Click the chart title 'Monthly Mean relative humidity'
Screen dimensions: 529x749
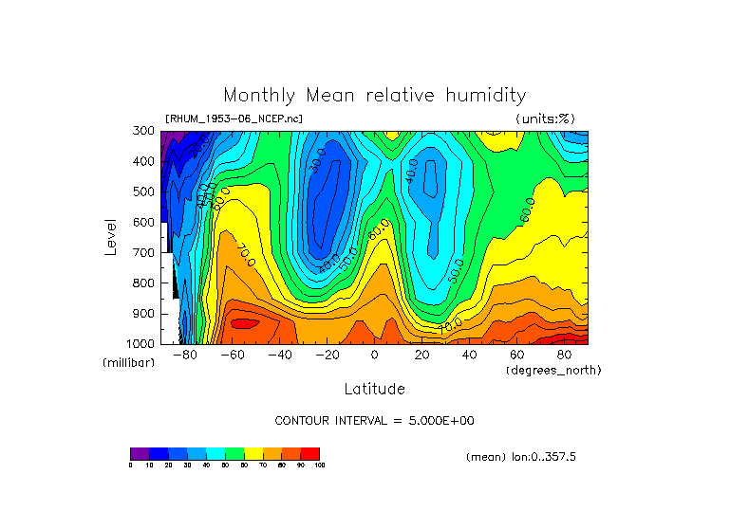click(374, 95)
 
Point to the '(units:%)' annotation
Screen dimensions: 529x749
click(545, 119)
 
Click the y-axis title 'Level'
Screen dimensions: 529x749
click(110, 237)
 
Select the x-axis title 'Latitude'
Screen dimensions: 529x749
click(374, 389)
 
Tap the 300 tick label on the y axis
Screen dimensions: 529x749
click(145, 132)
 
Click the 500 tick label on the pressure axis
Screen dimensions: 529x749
click(145, 192)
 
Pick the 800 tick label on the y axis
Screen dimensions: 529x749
click(145, 283)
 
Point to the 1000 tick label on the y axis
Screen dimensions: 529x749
click(142, 344)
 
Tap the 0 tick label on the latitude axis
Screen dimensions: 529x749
click(375, 355)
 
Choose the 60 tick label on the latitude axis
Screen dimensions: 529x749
click(516, 355)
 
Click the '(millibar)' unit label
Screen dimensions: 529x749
click(128, 363)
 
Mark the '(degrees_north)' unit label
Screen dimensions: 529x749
click(553, 369)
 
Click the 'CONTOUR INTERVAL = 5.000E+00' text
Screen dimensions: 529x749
click(374, 420)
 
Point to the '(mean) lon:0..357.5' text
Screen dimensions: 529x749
click(521, 457)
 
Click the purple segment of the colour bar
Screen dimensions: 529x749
click(140, 453)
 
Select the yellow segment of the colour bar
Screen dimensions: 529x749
click(253, 453)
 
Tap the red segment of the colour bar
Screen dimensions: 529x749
click(310, 453)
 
